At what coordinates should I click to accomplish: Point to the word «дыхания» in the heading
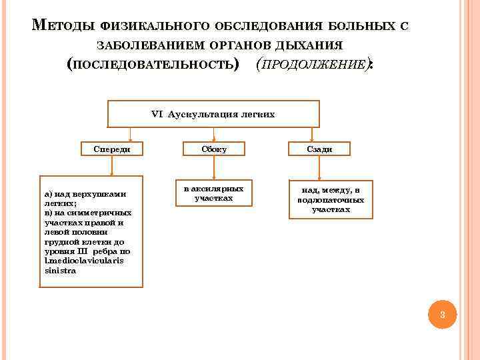[x=313, y=46]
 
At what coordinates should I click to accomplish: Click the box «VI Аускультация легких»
[x=213, y=114]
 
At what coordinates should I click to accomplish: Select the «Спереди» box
[x=111, y=149]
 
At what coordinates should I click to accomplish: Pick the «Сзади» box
[x=320, y=149]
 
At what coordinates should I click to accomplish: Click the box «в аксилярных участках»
[x=213, y=194]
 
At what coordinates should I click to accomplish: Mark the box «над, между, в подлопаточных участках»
[x=330, y=199]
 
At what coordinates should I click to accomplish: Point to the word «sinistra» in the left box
[x=60, y=271]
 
